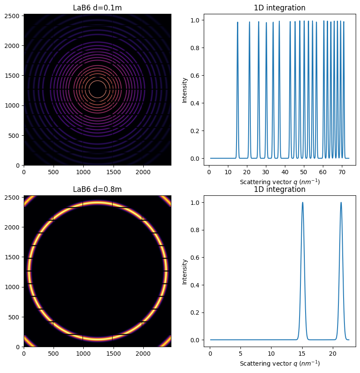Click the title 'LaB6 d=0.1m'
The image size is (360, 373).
(x=97, y=8)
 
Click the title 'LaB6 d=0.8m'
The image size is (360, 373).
(x=97, y=189)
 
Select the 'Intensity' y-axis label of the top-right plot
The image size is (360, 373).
(x=185, y=90)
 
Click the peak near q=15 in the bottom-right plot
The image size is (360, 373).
(x=303, y=203)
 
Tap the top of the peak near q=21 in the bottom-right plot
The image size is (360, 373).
(x=341, y=203)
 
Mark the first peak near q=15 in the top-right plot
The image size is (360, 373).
(x=237, y=23)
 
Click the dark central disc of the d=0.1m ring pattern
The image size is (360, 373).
(x=97, y=90)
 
